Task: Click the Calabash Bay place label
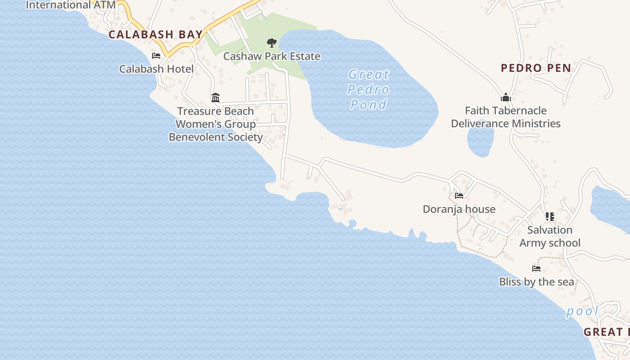click(x=156, y=35)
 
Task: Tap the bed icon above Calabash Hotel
click(x=156, y=56)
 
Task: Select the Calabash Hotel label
click(x=156, y=69)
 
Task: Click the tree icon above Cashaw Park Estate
click(x=271, y=43)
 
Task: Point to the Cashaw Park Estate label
click(x=272, y=56)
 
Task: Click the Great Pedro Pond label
click(x=369, y=89)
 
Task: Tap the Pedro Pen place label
click(x=536, y=68)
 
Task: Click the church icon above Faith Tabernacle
click(x=506, y=97)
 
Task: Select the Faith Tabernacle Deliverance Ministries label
click(x=506, y=117)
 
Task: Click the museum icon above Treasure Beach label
click(x=216, y=98)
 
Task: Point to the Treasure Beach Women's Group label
click(x=216, y=124)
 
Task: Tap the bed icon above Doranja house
click(x=459, y=196)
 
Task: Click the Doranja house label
click(x=459, y=209)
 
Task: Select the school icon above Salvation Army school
click(x=549, y=217)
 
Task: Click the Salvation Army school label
click(x=550, y=236)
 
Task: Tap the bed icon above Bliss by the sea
click(x=536, y=269)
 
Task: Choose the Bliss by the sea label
click(x=536, y=282)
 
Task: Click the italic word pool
click(x=582, y=311)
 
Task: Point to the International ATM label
click(x=71, y=5)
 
